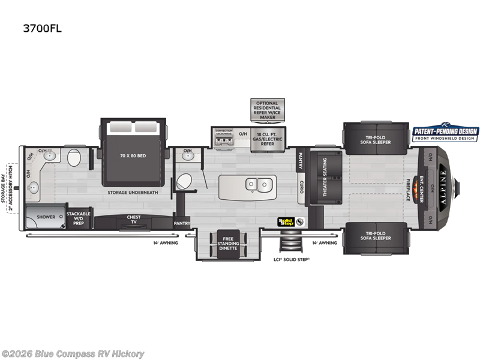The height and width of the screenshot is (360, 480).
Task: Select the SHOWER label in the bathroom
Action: (46, 217)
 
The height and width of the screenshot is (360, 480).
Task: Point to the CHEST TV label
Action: (133, 220)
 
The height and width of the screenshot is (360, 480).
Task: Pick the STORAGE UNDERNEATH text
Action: (133, 193)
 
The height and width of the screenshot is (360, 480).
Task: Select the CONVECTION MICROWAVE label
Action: (223, 131)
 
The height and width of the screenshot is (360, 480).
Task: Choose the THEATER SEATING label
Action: (325, 178)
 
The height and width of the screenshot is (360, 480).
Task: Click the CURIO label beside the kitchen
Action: (301, 187)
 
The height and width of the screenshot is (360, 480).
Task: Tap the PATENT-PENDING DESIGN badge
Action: (445, 134)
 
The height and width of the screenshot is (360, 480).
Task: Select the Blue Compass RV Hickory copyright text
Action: (73, 353)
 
